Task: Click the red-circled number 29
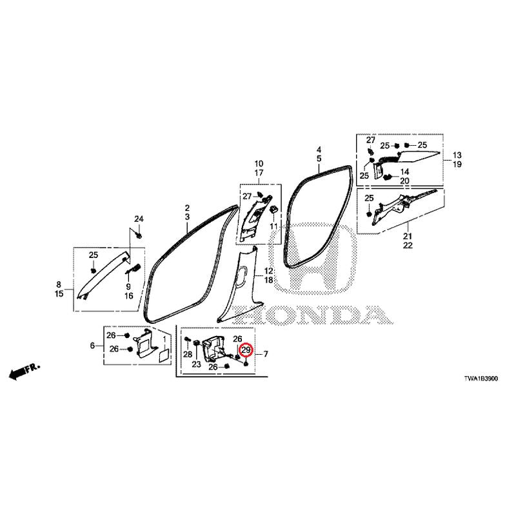pos(246,350)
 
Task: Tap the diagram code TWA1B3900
pos(481,379)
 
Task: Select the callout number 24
pos(139,219)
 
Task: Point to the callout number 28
pos(188,354)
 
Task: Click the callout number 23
pos(197,364)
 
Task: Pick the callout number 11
pos(273,226)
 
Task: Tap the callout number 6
pos(92,346)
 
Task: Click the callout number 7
pos(266,354)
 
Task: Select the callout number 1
pos(165,338)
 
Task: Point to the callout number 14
pos(405,172)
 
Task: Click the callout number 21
pos(408,236)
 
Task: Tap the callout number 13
pos(457,155)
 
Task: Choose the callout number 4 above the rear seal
pos(319,150)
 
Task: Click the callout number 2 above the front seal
pos(187,208)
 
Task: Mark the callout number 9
pos(128,286)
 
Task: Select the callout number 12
pos(268,271)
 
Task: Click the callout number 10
pos(259,164)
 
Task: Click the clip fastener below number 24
pos(139,235)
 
